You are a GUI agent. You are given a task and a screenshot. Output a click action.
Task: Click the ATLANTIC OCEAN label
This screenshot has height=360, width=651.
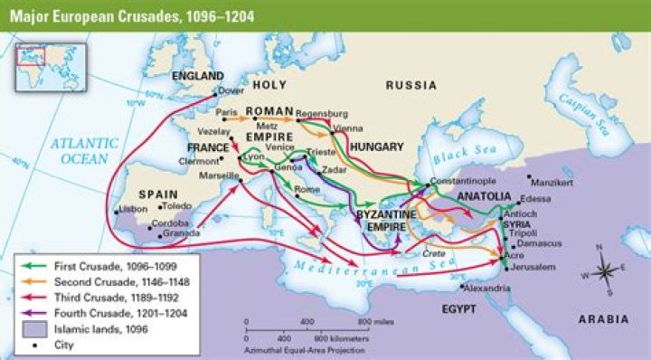pyautogui.click(x=84, y=150)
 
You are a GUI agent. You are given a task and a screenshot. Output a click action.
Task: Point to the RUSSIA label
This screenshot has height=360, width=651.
pyautogui.click(x=411, y=85)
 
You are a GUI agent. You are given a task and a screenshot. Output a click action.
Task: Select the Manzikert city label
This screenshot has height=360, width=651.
pyautogui.click(x=553, y=182)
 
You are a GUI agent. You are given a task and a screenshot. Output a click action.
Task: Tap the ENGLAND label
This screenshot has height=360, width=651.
pyautogui.click(x=198, y=75)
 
